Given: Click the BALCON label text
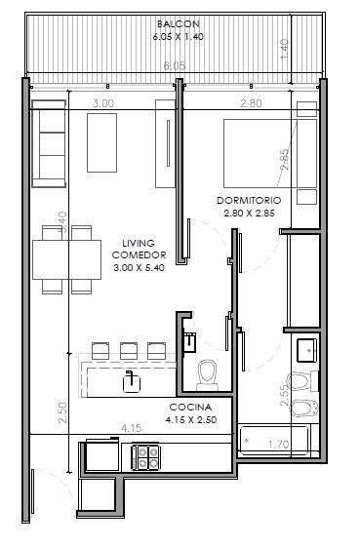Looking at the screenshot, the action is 179,24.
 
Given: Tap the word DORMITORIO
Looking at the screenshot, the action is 249,201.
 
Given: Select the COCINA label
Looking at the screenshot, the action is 190,408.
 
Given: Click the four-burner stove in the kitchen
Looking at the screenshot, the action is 145,456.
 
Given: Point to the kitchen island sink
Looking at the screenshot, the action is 132,382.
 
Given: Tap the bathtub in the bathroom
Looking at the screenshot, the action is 274,440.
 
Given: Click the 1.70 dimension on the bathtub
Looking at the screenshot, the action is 278,445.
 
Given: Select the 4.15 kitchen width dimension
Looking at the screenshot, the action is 132,428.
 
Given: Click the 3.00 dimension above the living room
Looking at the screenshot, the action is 103,103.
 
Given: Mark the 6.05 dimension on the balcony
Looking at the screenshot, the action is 175,65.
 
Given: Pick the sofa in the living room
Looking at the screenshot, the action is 49,143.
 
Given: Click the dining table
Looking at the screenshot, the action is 67,259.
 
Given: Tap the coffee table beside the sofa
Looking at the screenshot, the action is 101,142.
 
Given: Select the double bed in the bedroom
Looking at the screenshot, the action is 270,154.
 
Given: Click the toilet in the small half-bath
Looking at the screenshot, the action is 208,375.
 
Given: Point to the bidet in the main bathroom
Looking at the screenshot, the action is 303,408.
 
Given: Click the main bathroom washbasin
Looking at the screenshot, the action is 306,351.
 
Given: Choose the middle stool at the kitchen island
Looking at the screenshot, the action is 129,351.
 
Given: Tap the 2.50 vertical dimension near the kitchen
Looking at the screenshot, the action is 62,413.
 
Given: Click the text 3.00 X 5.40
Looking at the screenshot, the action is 140,268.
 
